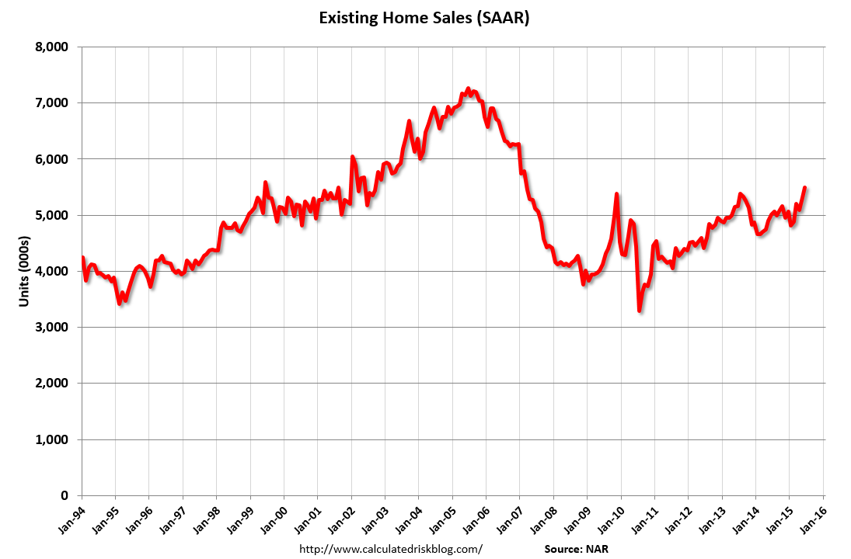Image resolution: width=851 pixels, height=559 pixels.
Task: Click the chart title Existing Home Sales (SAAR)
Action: coord(424,19)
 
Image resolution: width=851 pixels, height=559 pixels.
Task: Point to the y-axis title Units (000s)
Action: coord(25,271)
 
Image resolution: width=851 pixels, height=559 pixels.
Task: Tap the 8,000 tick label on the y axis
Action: coord(52,47)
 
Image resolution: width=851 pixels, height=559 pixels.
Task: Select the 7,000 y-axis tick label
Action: coord(52,103)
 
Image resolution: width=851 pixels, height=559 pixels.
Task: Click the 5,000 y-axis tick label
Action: coord(52,215)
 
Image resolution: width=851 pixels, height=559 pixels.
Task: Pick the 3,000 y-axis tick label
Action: coord(52,328)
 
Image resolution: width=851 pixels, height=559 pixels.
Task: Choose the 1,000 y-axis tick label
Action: coord(52,439)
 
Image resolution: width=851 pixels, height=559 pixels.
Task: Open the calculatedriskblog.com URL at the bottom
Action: coord(391,549)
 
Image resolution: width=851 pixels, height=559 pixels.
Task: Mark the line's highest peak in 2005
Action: coord(468,89)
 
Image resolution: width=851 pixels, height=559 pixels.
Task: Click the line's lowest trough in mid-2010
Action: coord(639,311)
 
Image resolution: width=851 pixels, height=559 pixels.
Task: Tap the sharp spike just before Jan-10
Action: coord(616,194)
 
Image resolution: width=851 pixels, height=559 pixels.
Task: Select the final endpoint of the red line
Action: coord(804,188)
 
